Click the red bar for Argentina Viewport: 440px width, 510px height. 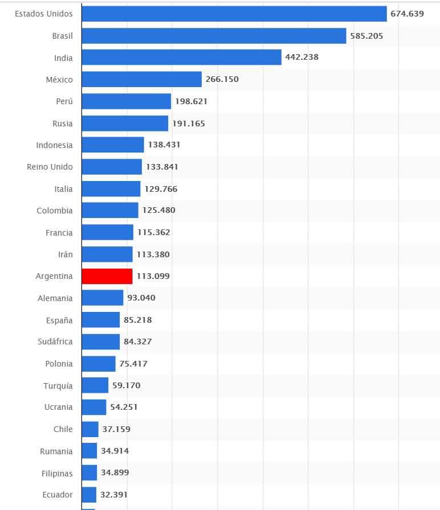pyautogui.click(x=107, y=276)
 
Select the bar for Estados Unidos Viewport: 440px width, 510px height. pyautogui.click(x=234, y=14)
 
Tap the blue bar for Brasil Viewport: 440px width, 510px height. pyautogui.click(x=214, y=35)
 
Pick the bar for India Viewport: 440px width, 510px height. pyautogui.click(x=181, y=57)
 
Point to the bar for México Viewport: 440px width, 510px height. pyautogui.click(x=141, y=79)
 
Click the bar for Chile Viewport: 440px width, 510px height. pyautogui.click(x=90, y=429)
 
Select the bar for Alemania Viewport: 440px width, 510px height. pyautogui.click(x=103, y=298)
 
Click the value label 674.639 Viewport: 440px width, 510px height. pyautogui.click(x=407, y=14)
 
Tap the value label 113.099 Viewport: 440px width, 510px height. pyautogui.click(x=153, y=276)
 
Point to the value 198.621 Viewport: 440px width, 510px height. pyautogui.click(x=191, y=101)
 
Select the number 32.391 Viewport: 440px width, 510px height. pyautogui.click(x=117, y=495)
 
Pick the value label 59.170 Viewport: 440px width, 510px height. pyautogui.click(x=126, y=385)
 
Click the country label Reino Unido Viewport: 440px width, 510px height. pyautogui.click(x=50, y=167)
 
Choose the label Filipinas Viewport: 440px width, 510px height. pyautogui.click(x=57, y=473)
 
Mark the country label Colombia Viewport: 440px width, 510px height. pyautogui.click(x=55, y=211)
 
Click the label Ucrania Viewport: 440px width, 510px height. pyautogui.click(x=58, y=407)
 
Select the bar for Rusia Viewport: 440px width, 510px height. pyautogui.click(x=125, y=123)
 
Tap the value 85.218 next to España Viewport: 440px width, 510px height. pyautogui.click(x=137, y=320)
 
